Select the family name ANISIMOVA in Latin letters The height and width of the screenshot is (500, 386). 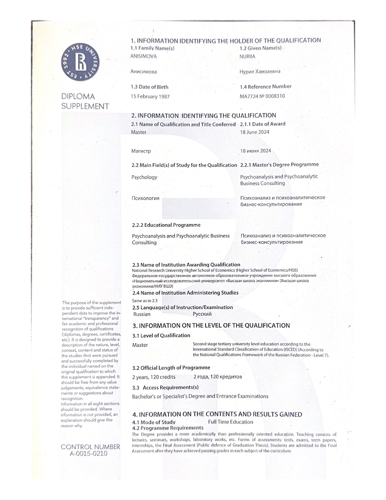[x=144, y=56]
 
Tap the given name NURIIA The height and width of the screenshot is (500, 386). [x=247, y=56]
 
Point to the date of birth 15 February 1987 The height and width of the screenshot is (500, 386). [x=150, y=97]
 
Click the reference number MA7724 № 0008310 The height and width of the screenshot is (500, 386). [x=262, y=96]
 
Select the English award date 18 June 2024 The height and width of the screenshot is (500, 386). [x=255, y=132]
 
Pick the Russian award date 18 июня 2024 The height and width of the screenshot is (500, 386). [x=256, y=151]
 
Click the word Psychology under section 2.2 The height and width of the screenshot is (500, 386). [x=144, y=177]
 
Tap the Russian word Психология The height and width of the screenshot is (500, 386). [x=145, y=198]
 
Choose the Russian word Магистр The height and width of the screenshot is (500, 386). [x=141, y=151]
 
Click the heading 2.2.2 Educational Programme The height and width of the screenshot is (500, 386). [x=166, y=225]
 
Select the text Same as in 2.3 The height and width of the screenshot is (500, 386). [x=145, y=301]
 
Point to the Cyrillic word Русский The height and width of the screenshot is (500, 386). [x=202, y=314]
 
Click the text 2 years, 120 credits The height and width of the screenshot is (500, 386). [x=154, y=377]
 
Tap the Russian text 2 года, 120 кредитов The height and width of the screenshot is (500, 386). [x=218, y=377]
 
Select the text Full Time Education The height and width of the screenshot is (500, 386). [x=231, y=422]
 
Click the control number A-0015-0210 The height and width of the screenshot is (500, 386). [x=89, y=454]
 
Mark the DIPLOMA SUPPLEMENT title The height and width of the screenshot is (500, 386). [x=85, y=102]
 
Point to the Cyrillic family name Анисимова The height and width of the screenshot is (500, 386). [x=144, y=72]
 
